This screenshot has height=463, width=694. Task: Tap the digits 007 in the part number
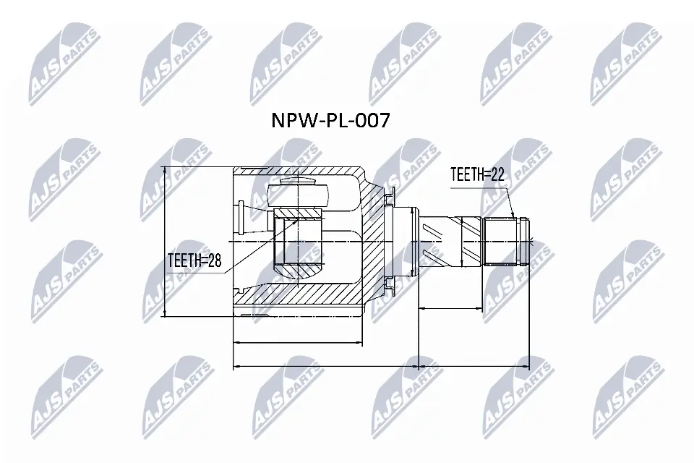click(x=372, y=119)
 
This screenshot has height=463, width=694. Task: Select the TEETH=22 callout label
click(x=476, y=174)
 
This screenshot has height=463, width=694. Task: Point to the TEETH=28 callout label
click(x=194, y=260)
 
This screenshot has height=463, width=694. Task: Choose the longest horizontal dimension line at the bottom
click(x=382, y=366)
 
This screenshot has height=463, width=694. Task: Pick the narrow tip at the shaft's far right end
click(x=530, y=241)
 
